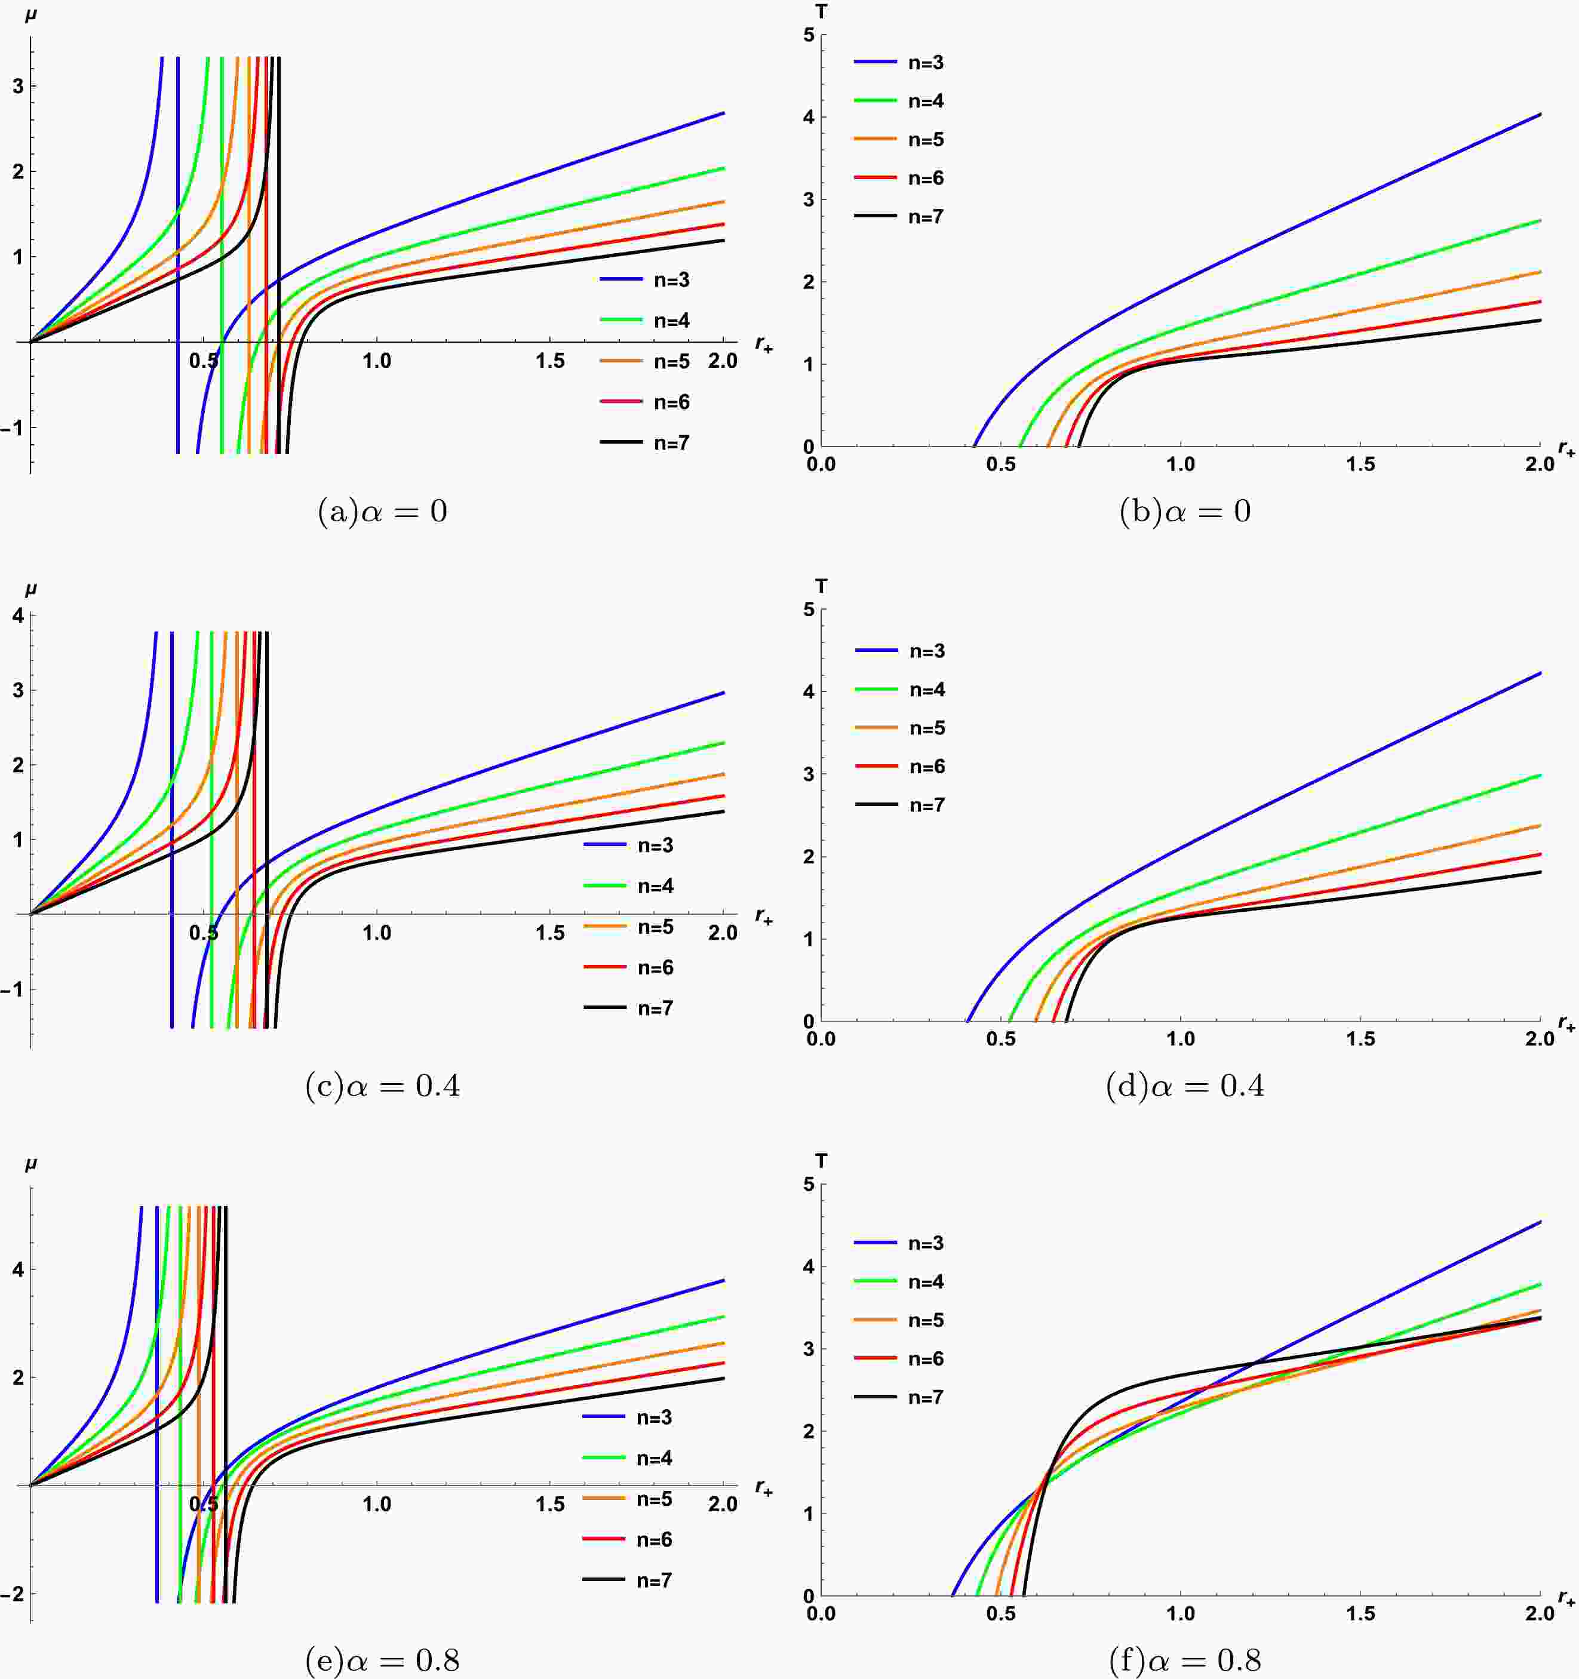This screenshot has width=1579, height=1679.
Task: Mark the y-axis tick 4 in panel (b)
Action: tap(809, 118)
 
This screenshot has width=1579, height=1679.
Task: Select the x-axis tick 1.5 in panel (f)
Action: tap(1360, 1614)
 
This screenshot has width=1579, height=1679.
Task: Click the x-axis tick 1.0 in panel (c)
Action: tap(377, 933)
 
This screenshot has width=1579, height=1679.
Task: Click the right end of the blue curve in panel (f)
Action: tap(1540, 1222)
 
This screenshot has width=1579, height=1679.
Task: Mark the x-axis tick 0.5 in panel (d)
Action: tap(1001, 1039)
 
